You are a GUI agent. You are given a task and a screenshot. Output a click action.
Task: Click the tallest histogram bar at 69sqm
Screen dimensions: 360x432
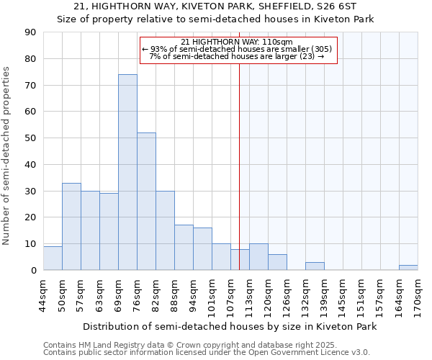127,173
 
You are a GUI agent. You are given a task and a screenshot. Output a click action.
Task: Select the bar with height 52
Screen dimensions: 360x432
146,202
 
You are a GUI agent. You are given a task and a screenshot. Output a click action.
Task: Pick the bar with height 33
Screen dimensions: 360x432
71,227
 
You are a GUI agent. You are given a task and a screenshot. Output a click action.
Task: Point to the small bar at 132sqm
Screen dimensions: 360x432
315,266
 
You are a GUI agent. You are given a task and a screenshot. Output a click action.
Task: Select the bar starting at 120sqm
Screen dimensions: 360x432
277,263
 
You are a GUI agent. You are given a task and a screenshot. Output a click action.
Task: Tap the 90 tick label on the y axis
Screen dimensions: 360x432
30,32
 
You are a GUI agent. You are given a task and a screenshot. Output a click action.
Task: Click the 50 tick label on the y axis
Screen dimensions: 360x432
30,138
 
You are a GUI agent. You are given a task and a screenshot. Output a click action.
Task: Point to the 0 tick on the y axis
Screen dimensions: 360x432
33,271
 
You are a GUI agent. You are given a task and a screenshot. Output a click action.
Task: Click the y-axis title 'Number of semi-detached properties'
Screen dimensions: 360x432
6,155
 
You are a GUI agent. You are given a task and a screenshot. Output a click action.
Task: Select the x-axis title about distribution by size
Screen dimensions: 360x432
230,326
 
